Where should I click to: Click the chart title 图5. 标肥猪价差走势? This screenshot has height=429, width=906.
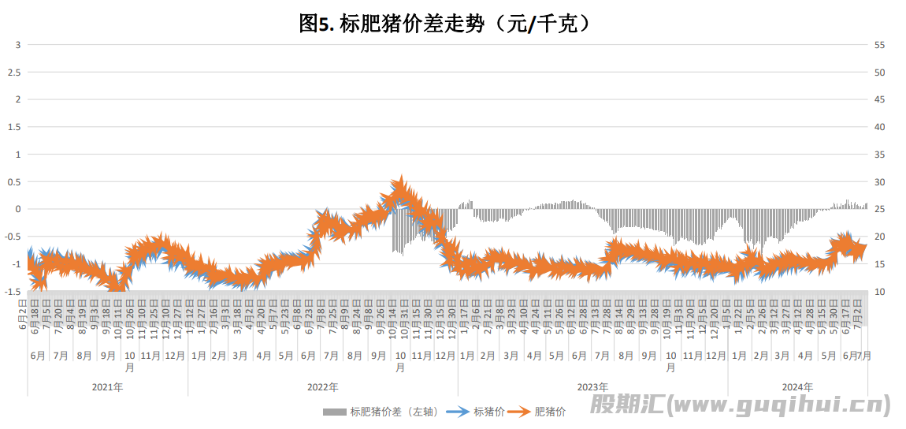point(445,24)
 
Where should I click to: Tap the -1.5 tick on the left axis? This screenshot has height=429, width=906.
point(13,291)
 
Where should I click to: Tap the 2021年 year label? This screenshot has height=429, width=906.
point(107,387)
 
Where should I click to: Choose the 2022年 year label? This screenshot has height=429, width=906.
point(323,387)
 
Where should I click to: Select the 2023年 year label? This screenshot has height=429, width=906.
point(592,387)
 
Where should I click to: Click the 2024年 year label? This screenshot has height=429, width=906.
point(797,387)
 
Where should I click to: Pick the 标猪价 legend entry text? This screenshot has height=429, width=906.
point(489,412)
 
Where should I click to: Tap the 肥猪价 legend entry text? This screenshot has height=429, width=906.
point(551,412)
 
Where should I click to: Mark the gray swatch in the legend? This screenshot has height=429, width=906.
point(334,412)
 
